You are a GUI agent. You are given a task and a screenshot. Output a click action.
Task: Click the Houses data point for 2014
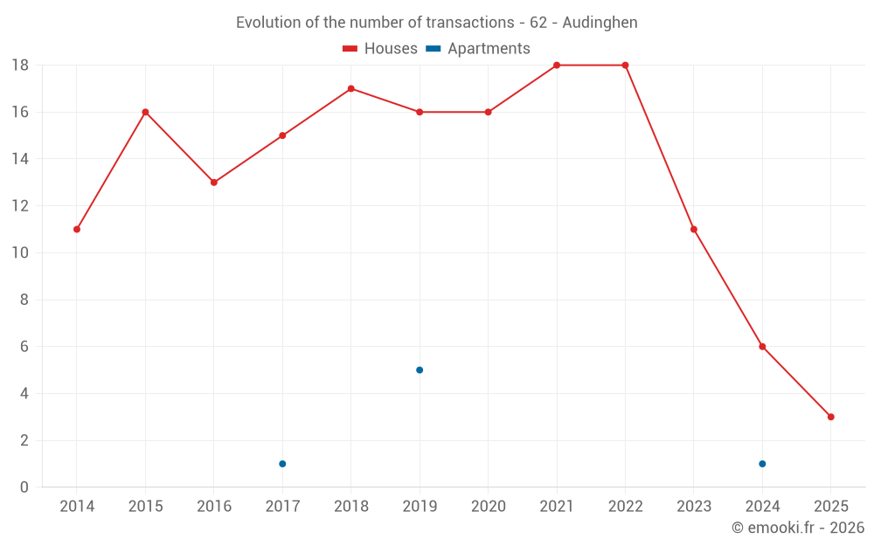(x=77, y=229)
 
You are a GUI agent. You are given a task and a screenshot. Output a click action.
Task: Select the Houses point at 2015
(x=145, y=112)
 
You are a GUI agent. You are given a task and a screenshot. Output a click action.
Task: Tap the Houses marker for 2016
(x=214, y=183)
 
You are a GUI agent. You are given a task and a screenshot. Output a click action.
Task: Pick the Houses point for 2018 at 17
(x=350, y=88)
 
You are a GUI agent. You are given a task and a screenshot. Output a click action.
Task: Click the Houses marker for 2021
(x=557, y=66)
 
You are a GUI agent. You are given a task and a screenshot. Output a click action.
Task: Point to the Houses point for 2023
(x=694, y=229)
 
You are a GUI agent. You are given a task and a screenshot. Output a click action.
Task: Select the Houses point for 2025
(x=831, y=417)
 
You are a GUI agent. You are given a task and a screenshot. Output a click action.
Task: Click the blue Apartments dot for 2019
(x=420, y=370)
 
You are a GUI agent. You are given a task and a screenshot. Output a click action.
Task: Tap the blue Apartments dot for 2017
(x=282, y=464)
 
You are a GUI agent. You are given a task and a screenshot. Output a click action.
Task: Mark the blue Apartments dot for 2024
(x=762, y=464)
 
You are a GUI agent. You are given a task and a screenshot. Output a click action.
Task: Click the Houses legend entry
(x=380, y=49)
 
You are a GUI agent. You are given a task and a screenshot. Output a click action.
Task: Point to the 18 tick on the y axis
(x=20, y=66)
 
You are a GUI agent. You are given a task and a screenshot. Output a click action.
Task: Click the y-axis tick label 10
(x=20, y=253)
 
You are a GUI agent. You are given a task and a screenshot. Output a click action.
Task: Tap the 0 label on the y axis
(x=24, y=487)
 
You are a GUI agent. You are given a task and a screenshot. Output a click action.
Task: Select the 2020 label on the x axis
(x=488, y=507)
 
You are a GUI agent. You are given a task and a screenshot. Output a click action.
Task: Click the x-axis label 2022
(x=625, y=507)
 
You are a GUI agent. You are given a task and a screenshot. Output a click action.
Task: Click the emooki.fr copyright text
(x=797, y=528)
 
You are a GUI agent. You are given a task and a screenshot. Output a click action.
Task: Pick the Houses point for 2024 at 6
(x=762, y=347)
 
